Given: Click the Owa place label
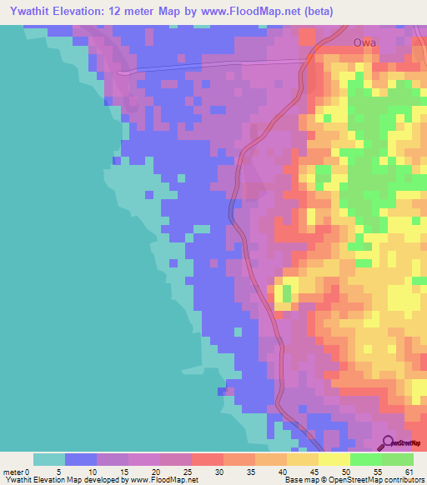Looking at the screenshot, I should point(364,42).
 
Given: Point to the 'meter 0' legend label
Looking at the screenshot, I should point(17,471).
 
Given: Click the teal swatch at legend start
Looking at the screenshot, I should point(49,459).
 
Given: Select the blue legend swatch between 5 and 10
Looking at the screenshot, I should point(81,459).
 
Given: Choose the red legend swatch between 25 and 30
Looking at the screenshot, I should point(208,459).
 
